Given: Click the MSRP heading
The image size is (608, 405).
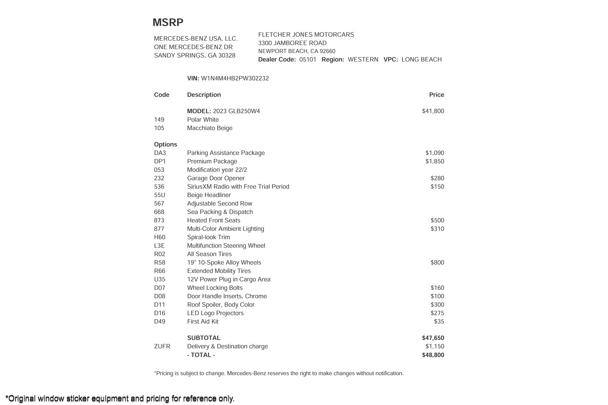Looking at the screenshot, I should [x=168, y=22].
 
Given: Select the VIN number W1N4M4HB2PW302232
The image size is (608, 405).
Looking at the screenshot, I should [x=235, y=79].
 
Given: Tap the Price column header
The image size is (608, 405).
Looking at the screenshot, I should [x=436, y=95].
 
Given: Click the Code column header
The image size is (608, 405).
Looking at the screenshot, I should [x=161, y=95].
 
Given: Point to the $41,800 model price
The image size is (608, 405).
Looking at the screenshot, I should [x=433, y=111].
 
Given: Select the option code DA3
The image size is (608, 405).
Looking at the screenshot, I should [x=160, y=153].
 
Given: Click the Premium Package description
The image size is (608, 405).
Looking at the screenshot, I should [x=212, y=161].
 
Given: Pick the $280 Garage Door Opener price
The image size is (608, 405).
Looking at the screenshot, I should [x=437, y=178].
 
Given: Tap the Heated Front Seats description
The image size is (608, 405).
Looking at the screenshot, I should [x=214, y=221].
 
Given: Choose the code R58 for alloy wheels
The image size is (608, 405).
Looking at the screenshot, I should [x=160, y=263].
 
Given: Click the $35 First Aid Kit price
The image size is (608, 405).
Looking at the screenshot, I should [x=439, y=321].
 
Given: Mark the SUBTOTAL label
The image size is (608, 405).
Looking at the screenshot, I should [x=204, y=338].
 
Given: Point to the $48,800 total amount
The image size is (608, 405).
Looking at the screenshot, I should [x=433, y=355].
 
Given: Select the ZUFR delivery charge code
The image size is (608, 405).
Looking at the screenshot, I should [x=162, y=347].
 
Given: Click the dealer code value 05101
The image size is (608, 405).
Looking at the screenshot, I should [x=308, y=60].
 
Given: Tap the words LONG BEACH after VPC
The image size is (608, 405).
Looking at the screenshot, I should [x=421, y=60].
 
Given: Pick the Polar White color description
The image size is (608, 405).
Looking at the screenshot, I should [x=203, y=120].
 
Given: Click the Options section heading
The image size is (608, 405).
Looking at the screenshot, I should [x=165, y=145].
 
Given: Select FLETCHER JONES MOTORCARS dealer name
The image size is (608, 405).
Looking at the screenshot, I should [x=306, y=35].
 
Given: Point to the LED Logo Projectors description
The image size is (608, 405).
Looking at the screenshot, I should [x=215, y=313].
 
